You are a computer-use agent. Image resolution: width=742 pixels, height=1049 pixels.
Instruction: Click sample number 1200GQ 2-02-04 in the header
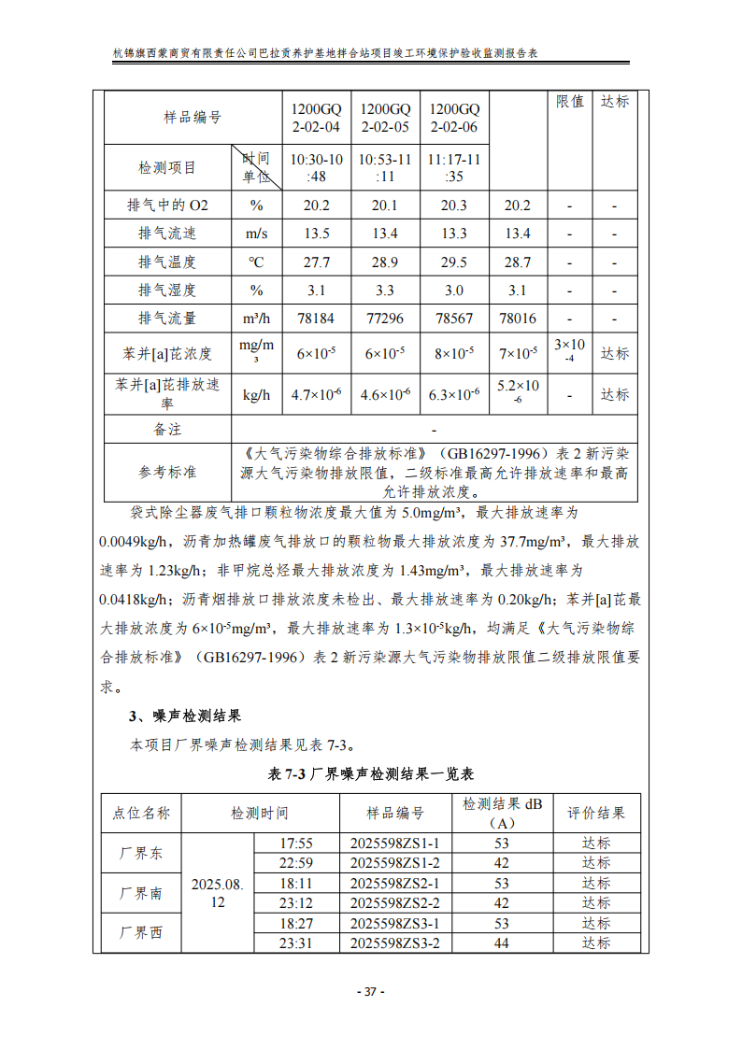tap(317, 118)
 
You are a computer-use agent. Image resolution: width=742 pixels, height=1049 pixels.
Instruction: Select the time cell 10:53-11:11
tap(385, 167)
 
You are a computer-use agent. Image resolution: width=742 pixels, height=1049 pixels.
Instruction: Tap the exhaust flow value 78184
tap(317, 319)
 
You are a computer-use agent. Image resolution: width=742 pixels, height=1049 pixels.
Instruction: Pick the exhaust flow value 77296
tap(385, 319)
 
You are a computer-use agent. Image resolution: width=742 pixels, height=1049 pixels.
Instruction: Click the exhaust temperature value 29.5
tap(453, 262)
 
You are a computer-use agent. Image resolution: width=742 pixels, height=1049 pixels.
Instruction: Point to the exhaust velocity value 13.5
tap(317, 234)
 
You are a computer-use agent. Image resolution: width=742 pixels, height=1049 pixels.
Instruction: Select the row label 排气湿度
tap(167, 291)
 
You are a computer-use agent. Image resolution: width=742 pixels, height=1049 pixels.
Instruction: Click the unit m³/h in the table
tap(256, 319)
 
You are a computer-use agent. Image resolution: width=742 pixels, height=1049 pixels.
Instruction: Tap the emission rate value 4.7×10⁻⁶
tap(317, 395)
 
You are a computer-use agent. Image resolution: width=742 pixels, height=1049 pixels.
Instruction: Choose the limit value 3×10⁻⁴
tap(569, 352)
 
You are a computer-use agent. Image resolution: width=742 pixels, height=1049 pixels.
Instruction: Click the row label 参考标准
tap(167, 472)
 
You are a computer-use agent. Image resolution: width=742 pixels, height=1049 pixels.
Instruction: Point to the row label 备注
tap(167, 430)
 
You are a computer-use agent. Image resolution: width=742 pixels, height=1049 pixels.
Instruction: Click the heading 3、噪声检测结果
tap(185, 716)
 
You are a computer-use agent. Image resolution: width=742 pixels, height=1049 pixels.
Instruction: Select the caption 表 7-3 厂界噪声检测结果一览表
tap(371, 774)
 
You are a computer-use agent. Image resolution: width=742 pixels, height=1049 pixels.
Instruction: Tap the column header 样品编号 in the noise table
tap(395, 814)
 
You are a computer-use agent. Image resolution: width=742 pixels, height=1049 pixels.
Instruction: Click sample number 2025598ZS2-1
tap(395, 883)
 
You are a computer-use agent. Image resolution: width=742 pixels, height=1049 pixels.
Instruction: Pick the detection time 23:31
tap(296, 943)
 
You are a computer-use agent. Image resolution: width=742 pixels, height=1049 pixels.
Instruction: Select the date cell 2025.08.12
tap(218, 893)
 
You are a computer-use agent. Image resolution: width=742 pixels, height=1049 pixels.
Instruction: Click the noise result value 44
tap(502, 943)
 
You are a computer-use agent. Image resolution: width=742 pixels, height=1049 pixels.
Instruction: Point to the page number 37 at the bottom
tap(370, 991)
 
